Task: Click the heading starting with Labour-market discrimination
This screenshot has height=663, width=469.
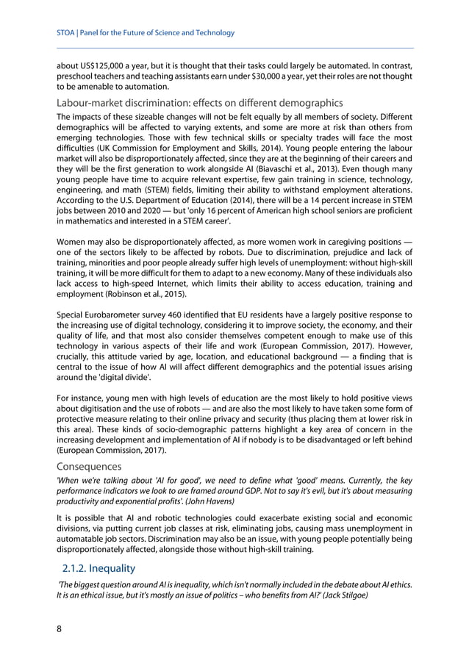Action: point(199,103)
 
